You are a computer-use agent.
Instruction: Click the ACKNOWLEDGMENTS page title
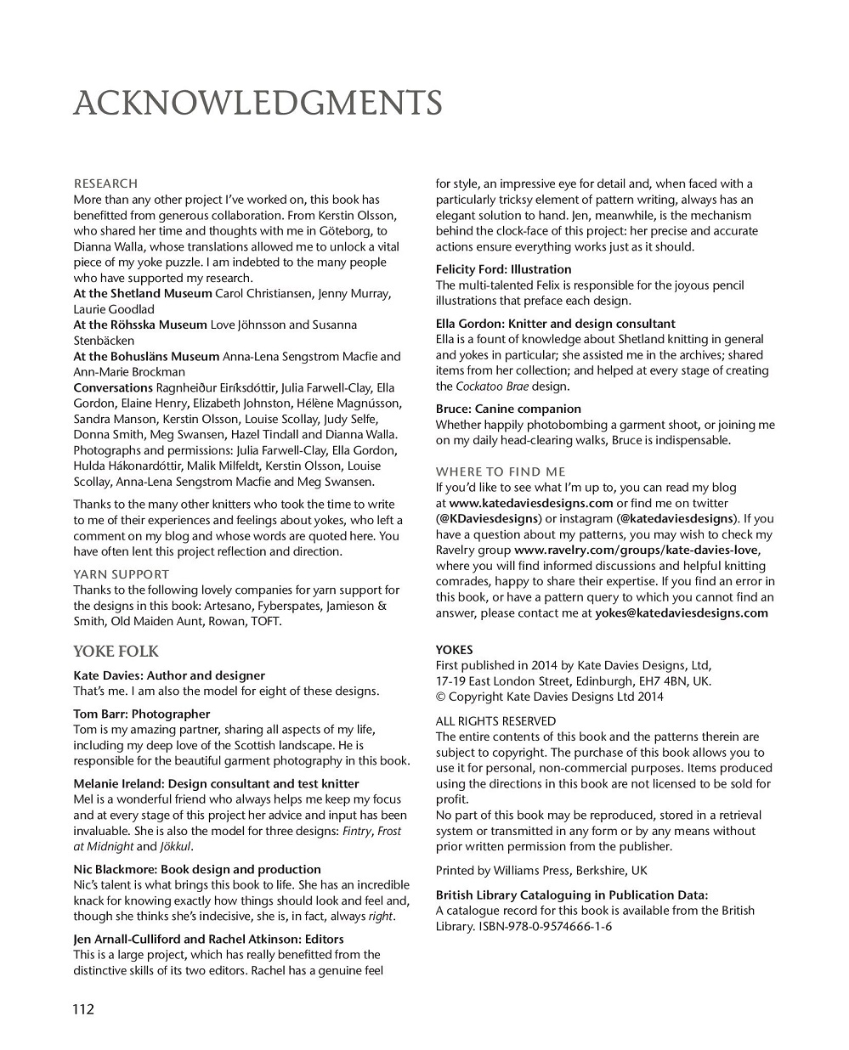258,104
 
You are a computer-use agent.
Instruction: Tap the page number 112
82,1009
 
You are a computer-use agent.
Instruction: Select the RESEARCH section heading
105,183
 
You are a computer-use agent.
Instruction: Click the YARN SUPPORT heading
121,574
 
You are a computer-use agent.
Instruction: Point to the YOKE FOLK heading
116,652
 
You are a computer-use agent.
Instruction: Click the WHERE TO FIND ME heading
501,471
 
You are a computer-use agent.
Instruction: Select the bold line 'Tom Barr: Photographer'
141,714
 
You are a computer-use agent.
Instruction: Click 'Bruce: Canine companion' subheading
508,409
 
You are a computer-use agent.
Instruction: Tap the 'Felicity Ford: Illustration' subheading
503,269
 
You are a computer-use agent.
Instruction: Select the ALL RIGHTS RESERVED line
495,721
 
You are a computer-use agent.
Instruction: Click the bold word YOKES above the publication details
454,650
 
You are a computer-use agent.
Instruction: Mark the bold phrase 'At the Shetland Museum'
143,293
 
